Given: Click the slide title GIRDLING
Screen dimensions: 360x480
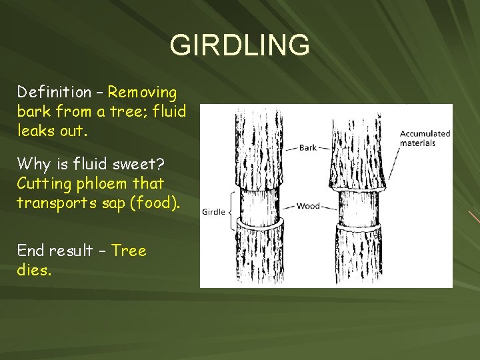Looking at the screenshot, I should pos(239,45).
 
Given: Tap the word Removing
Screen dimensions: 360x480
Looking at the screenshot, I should pos(143,91).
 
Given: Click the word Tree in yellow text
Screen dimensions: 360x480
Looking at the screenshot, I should pos(129,251).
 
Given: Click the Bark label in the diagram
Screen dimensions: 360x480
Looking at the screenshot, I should pos(308,147).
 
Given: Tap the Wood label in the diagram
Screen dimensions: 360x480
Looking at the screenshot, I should pos(308,206).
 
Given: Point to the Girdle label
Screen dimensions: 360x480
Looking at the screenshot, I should pos(213,212).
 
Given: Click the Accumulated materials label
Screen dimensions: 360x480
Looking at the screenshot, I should pos(425,138).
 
